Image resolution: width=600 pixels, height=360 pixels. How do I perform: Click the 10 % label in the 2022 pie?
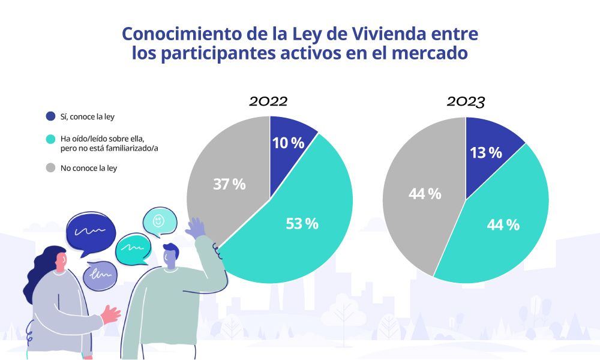pos(289,143)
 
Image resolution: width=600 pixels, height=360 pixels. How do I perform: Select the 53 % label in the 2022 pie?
pos(302,224)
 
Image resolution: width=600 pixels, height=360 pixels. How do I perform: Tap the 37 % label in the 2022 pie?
pos(229,184)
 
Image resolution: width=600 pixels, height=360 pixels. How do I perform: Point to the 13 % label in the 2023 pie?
pos(486,152)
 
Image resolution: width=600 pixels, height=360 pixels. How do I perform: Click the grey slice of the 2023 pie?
pos(420,198)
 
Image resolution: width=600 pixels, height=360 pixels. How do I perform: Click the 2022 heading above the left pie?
pos(269,101)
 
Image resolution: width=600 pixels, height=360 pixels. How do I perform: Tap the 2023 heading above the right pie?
pos(466,101)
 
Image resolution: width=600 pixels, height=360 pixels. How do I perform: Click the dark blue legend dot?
pos(50,116)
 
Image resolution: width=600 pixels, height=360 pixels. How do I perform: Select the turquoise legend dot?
pos(50,139)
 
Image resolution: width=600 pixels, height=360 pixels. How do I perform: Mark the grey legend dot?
pos(50,168)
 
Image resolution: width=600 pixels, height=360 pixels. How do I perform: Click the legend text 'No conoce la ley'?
pos(89,168)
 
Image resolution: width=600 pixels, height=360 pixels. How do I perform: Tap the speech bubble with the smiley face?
pos(160,221)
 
